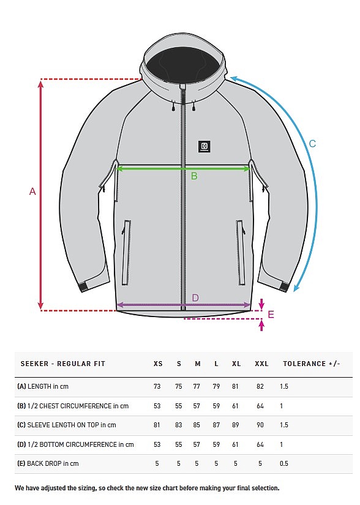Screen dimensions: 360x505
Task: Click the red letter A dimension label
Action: point(32,192)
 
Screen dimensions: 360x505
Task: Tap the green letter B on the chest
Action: point(194,176)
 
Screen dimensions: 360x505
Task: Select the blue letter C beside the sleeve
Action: point(312,144)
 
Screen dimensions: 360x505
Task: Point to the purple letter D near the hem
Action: point(195,298)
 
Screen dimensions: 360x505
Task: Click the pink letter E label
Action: point(271,315)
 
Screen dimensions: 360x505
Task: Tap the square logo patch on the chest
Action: point(204,146)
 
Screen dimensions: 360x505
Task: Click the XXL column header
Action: point(261,364)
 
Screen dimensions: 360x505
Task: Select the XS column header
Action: point(158,364)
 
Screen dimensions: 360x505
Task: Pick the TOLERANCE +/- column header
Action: point(312,364)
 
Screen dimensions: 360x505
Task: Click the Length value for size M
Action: point(197,386)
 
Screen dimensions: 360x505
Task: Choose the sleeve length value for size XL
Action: point(235,425)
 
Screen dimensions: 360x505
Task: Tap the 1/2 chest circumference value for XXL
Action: point(260,406)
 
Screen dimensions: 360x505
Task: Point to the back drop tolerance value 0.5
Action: point(284,464)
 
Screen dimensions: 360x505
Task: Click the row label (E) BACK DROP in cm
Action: point(48,464)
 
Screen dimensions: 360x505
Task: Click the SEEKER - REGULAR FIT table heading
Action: point(63,364)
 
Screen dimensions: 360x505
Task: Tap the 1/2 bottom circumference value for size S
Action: point(179,444)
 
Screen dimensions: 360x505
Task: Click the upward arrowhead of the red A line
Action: point(40,84)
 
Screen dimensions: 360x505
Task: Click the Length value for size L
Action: point(216,386)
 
